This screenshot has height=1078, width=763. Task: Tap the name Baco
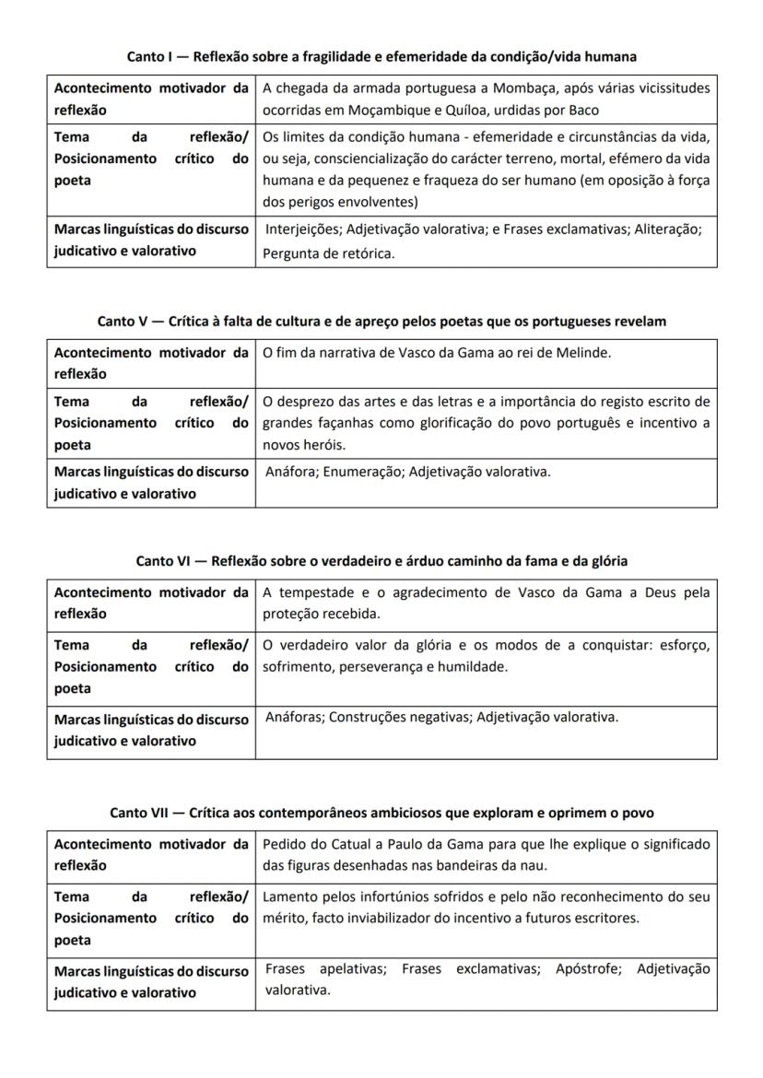click(581, 111)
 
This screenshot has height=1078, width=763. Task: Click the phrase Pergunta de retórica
click(329, 253)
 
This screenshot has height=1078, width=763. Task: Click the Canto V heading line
click(381, 322)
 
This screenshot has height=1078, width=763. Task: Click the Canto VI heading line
click(381, 560)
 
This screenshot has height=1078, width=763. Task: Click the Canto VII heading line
click(381, 813)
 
